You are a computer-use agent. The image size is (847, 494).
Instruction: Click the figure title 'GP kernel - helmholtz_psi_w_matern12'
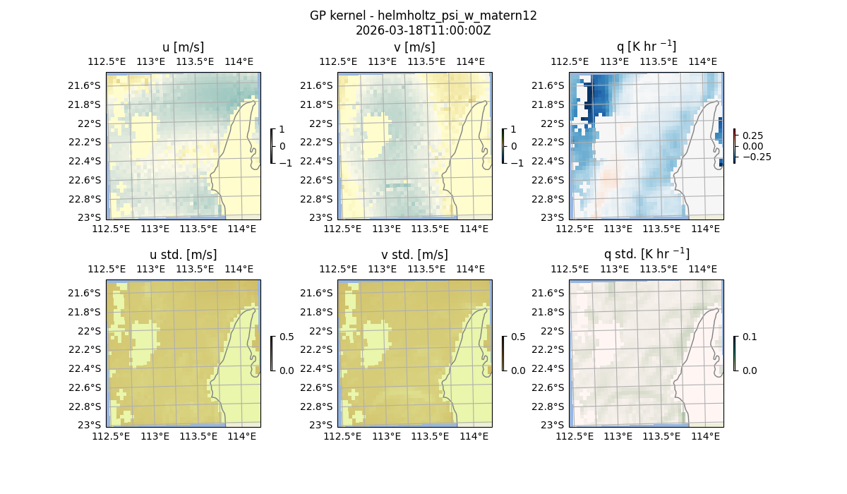[423, 16]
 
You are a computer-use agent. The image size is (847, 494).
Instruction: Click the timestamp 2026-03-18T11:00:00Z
[423, 30]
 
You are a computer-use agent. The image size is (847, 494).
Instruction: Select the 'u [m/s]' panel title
[183, 47]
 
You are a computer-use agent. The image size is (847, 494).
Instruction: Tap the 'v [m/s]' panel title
[414, 47]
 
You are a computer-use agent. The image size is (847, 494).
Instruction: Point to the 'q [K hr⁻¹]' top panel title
[646, 47]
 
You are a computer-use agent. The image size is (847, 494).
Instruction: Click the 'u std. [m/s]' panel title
[183, 255]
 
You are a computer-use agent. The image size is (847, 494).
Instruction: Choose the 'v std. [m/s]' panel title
[414, 255]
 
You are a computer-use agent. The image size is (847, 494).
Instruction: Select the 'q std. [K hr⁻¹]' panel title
[646, 254]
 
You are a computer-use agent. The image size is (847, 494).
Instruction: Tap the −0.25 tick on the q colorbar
[756, 157]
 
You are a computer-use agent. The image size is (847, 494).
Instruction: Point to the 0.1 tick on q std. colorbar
[748, 337]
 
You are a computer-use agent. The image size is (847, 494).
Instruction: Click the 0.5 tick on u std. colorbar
[287, 337]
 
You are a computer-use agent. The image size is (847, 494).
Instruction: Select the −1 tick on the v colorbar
[517, 163]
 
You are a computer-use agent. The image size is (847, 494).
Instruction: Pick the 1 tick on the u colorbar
[282, 129]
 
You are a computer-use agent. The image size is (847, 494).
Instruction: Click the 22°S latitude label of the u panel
[90, 123]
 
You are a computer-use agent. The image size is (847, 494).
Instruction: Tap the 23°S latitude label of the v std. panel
[322, 425]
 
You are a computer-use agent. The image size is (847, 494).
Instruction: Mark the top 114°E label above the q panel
[702, 61]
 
